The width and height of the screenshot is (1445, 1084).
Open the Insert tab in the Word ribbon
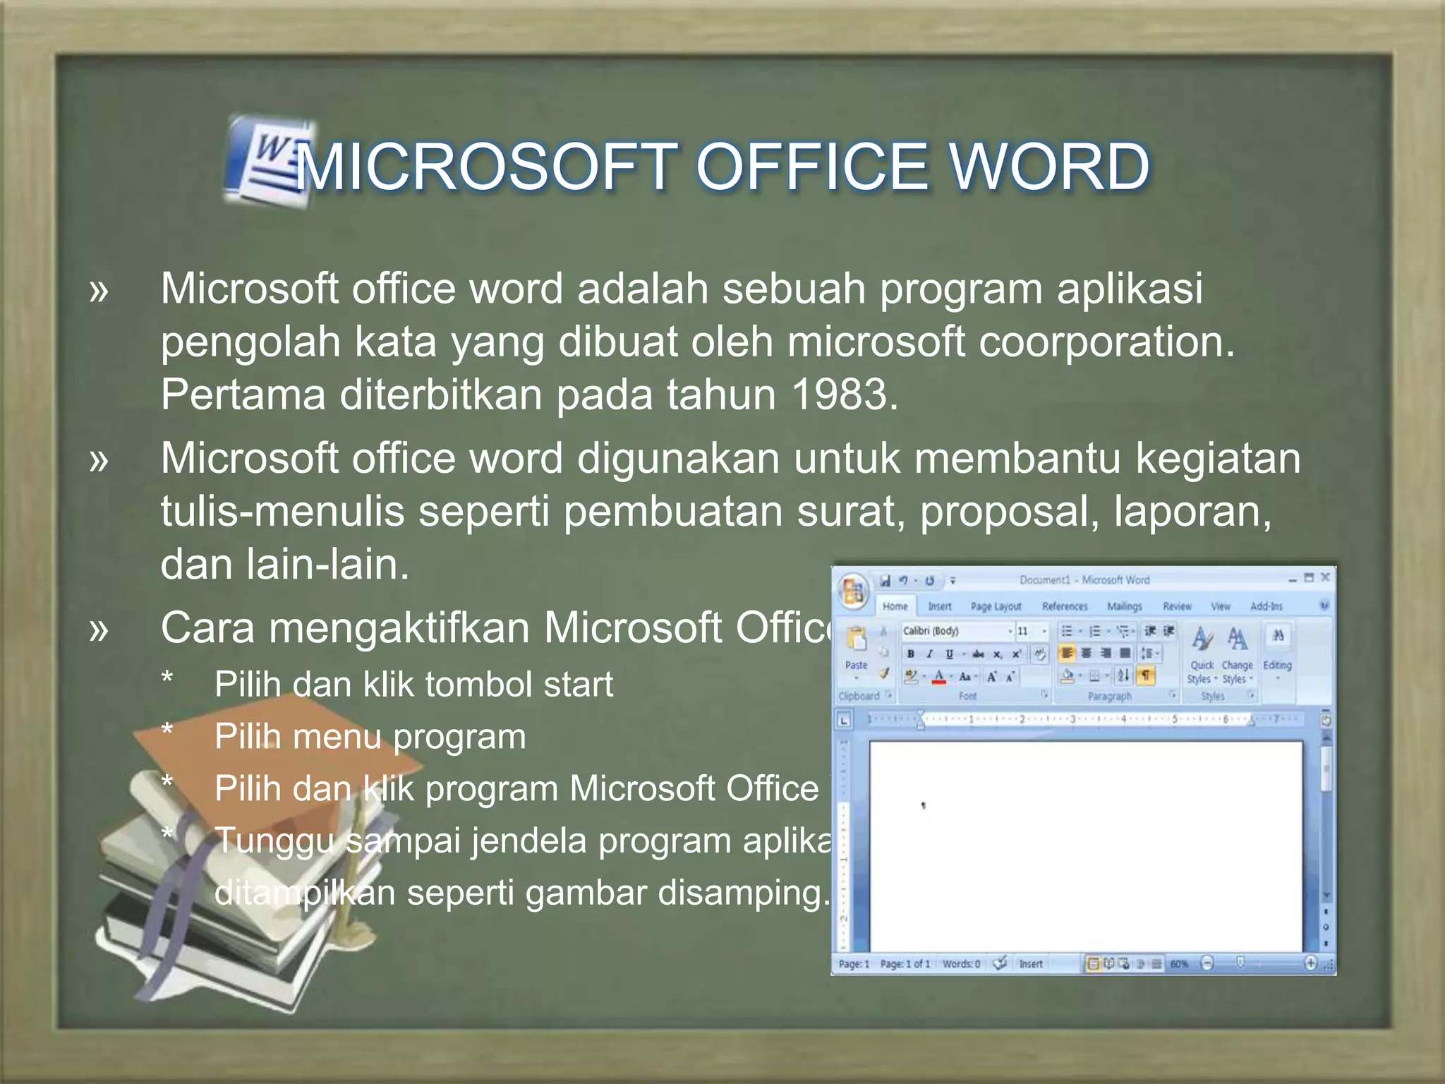click(939, 606)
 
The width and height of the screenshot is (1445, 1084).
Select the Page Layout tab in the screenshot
click(996, 606)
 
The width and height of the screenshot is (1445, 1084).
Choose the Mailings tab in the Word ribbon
click(1124, 606)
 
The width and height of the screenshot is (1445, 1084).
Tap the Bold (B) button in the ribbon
click(910, 654)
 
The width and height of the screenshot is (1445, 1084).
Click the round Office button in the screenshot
click(854, 591)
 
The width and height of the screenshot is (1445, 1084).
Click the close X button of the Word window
click(1325, 578)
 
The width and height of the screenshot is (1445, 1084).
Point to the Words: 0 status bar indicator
click(961, 964)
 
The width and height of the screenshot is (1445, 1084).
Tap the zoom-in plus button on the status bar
click(1310, 963)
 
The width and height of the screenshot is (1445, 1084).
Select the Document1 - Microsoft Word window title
click(1084, 580)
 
